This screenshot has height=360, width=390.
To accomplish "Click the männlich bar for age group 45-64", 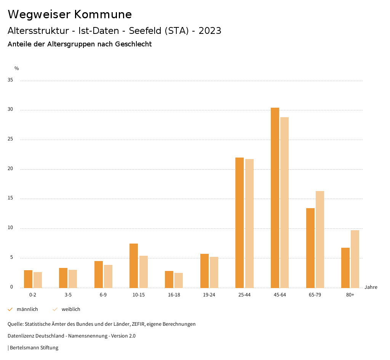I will (x=275, y=198).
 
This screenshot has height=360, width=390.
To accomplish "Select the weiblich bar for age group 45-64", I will (x=285, y=202).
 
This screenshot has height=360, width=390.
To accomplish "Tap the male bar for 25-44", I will (x=240, y=223).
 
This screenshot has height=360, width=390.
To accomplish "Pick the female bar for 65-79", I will (x=320, y=239).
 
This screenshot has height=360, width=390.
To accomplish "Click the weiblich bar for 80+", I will (x=355, y=259).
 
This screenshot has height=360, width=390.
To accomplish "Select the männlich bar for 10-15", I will (x=134, y=266).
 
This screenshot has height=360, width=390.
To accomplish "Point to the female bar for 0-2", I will (x=38, y=280).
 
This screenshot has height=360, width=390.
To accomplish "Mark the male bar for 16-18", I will (x=169, y=279).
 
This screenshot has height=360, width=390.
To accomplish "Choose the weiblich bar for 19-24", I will (x=214, y=272).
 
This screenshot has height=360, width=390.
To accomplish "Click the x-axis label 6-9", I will (x=103, y=295).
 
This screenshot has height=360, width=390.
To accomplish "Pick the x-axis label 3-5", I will (x=68, y=295).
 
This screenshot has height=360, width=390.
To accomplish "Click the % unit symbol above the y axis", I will (x=17, y=68).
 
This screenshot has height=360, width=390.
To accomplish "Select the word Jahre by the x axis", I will (x=371, y=287).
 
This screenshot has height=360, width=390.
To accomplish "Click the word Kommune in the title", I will (x=103, y=14).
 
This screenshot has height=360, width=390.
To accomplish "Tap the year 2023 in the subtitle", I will (x=210, y=31).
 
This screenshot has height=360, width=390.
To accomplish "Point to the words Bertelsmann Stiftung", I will (x=34, y=348).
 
